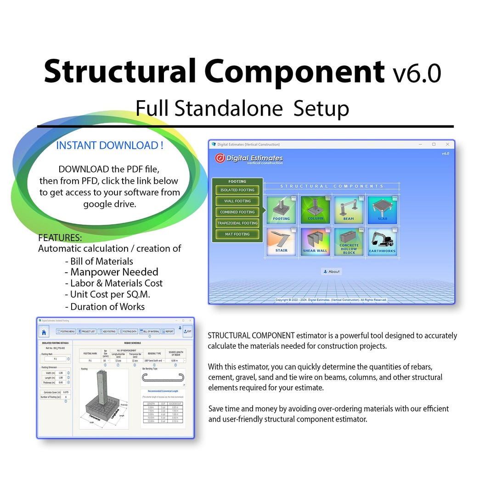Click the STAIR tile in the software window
pyautogui.click(x=282, y=241)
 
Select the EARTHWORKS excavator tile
pyautogui.click(x=382, y=241)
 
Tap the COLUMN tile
pyautogui.click(x=315, y=210)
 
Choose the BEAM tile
pyautogui.click(x=349, y=210)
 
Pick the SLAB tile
pyautogui.click(x=382, y=210)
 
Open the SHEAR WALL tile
pyautogui.click(x=315, y=241)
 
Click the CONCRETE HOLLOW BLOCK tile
pyautogui.click(x=349, y=241)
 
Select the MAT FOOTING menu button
pyautogui.click(x=237, y=234)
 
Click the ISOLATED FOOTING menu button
pyautogui.click(x=237, y=190)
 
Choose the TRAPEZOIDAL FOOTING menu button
pyautogui.click(x=237, y=223)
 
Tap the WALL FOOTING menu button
pyautogui.click(x=237, y=201)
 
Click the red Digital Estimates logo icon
pyautogui.click(x=220, y=158)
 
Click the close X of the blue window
pyautogui.click(x=447, y=144)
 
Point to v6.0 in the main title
pyautogui.click(x=417, y=73)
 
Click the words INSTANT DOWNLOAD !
pyautogui.click(x=110, y=146)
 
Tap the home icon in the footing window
pyautogui.click(x=44, y=332)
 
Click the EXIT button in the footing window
pyautogui.click(x=187, y=331)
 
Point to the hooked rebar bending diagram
pyautogui.click(x=163, y=378)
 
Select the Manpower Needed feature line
pyautogui.click(x=114, y=272)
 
